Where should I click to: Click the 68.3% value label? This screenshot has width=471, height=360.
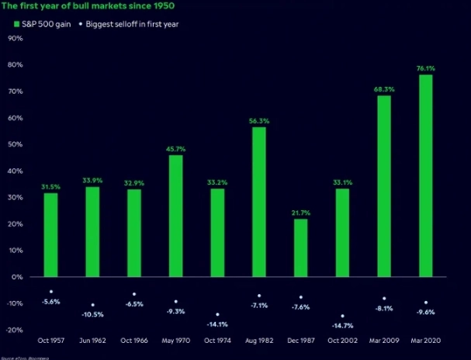point(384,89)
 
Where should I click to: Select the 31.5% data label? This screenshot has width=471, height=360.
point(50,186)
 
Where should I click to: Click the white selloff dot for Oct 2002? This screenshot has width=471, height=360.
point(342,316)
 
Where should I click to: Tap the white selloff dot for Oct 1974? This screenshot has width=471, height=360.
point(217,314)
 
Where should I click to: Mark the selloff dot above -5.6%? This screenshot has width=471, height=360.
point(51,291)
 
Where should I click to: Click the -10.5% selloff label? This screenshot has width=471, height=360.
point(92,315)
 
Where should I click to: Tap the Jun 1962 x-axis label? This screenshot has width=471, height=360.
point(92,341)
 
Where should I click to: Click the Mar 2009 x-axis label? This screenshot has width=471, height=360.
point(383,341)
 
